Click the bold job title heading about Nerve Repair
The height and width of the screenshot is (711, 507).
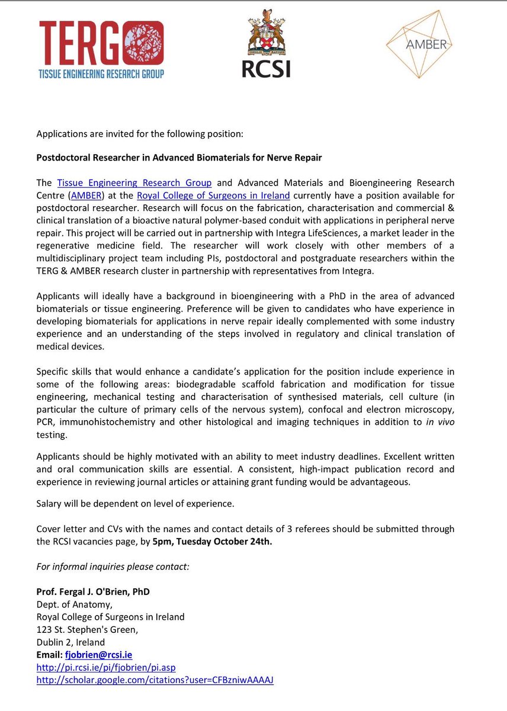(x=185, y=158)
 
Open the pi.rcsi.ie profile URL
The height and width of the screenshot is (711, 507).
(x=106, y=667)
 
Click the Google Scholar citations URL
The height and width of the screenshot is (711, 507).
(x=155, y=680)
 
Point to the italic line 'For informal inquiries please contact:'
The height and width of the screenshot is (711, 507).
(x=113, y=567)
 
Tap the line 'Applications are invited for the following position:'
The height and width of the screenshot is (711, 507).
(x=140, y=133)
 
